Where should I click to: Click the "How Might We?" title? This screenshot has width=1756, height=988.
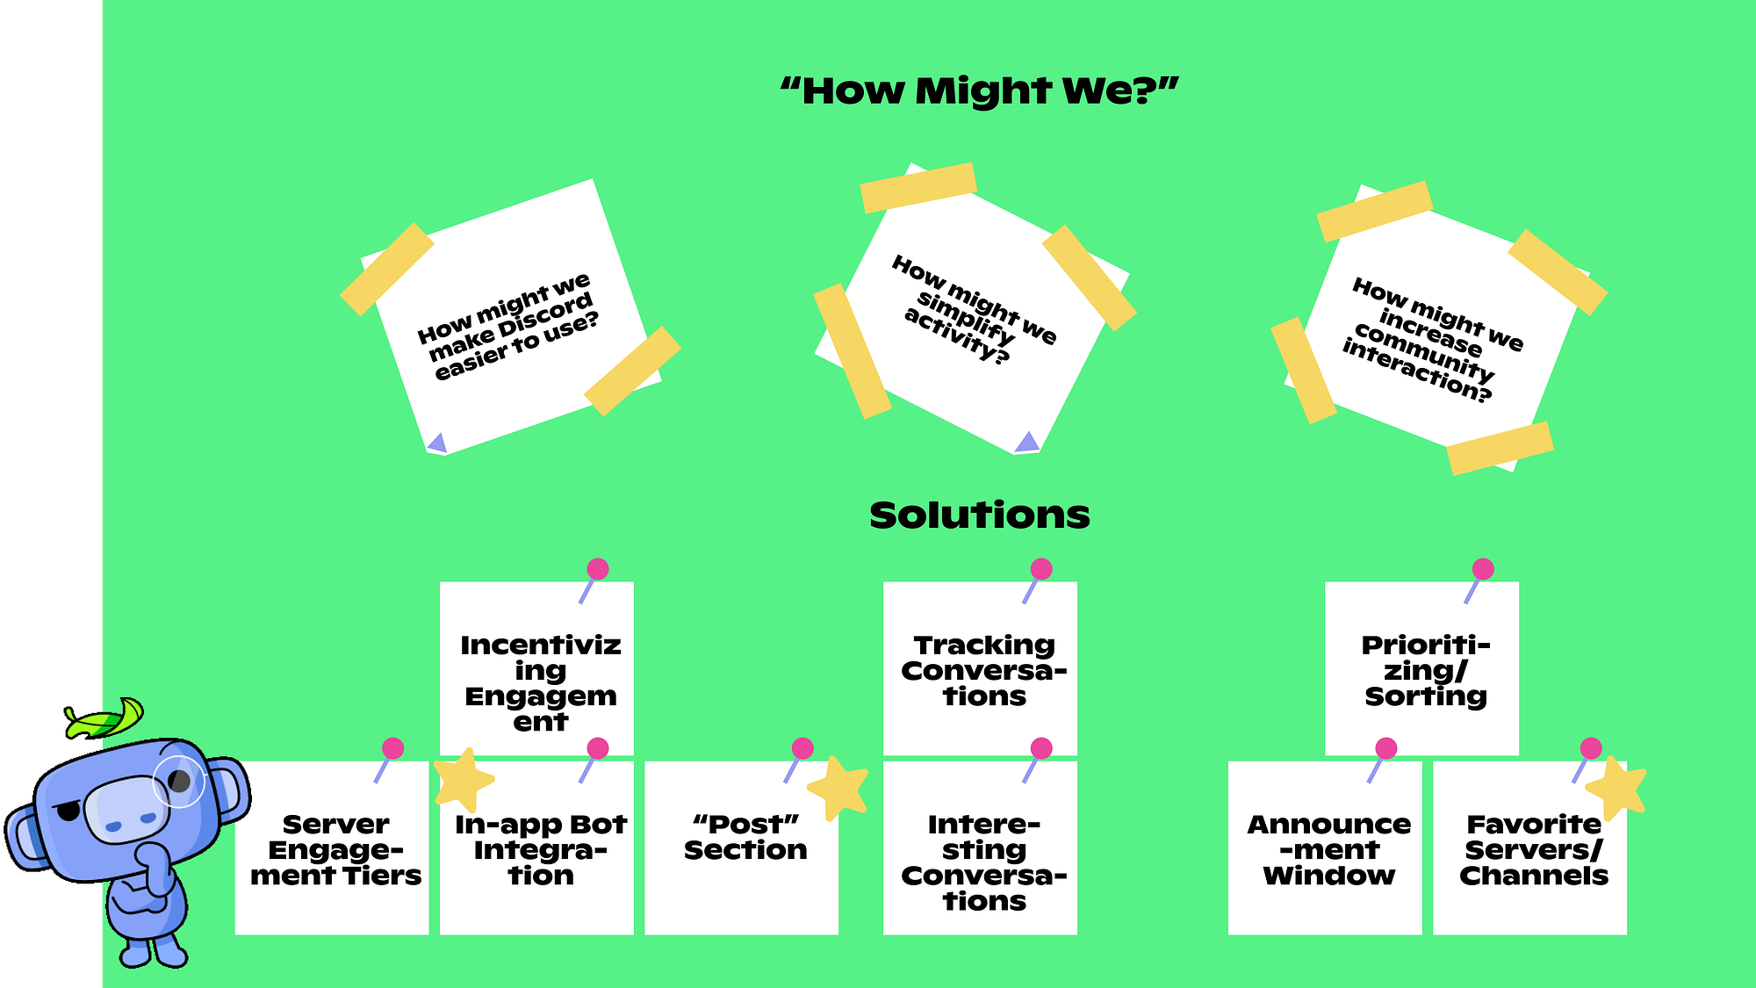tap(979, 90)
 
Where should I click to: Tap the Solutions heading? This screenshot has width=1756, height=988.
tap(979, 516)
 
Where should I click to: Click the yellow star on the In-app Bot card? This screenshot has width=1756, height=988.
tap(463, 779)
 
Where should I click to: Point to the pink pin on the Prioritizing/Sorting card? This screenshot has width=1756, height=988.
tap(1483, 569)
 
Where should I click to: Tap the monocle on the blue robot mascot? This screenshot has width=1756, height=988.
tap(179, 781)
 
